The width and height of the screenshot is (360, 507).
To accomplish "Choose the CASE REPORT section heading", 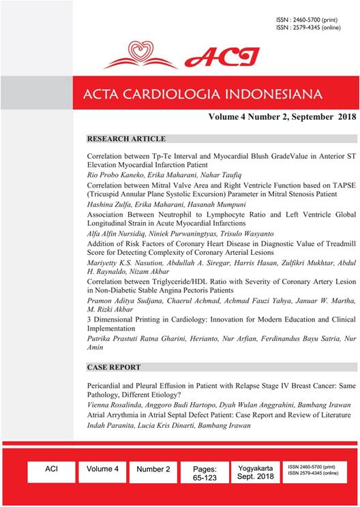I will click(112, 367).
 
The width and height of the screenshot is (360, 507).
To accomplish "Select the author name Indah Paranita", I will click(112, 425).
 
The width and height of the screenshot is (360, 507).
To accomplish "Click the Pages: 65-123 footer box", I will click(205, 474).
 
